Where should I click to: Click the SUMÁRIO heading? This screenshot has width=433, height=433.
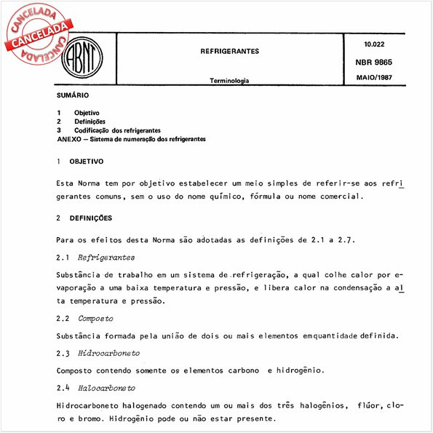(x=73, y=96)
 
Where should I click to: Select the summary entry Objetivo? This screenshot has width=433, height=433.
(x=87, y=114)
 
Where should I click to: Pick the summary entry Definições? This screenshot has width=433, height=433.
(x=90, y=122)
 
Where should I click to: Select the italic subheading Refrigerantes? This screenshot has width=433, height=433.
(x=106, y=258)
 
